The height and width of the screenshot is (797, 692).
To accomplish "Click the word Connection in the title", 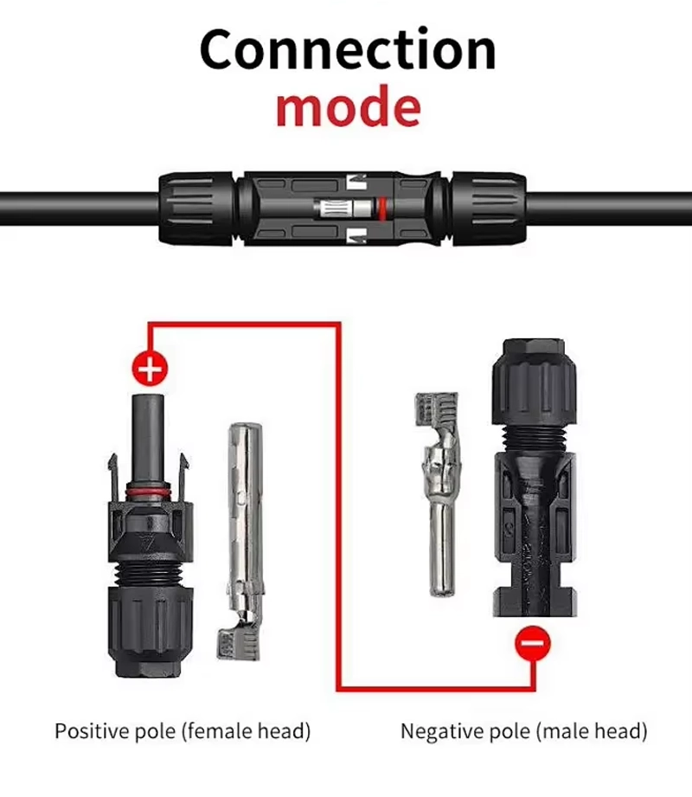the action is click(348, 50).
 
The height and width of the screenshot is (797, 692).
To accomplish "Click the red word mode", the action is click(349, 106).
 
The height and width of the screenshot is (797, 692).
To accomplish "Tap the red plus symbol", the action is click(150, 369).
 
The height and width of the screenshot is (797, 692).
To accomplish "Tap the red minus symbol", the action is click(533, 644).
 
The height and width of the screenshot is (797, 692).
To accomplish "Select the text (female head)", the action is click(246, 731).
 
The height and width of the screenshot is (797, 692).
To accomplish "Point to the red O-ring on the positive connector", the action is click(149, 492).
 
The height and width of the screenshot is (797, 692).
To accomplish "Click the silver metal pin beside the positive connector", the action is click(243, 542).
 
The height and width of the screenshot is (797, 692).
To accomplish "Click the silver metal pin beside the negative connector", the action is click(439, 493).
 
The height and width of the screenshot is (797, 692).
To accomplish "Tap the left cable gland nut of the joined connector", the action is click(196, 209).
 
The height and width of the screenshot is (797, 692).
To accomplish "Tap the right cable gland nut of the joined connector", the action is click(489, 209).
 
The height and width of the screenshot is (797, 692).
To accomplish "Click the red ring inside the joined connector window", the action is click(382, 209).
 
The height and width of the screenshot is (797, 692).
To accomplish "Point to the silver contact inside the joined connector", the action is click(345, 209).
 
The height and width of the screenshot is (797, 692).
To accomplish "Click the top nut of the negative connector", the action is click(534, 382).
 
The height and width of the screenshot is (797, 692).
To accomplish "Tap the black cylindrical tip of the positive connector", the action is click(149, 440).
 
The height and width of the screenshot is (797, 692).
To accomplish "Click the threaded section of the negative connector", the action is click(534, 438).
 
